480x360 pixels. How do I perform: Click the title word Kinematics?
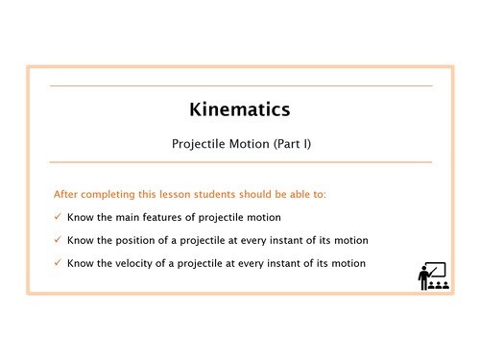240,110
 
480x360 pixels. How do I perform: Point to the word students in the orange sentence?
200,194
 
